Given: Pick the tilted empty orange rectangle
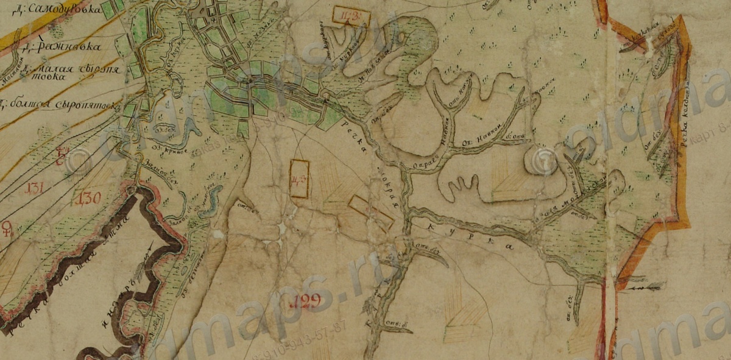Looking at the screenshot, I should (x=370, y=212).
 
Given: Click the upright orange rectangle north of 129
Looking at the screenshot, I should (x=299, y=178).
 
